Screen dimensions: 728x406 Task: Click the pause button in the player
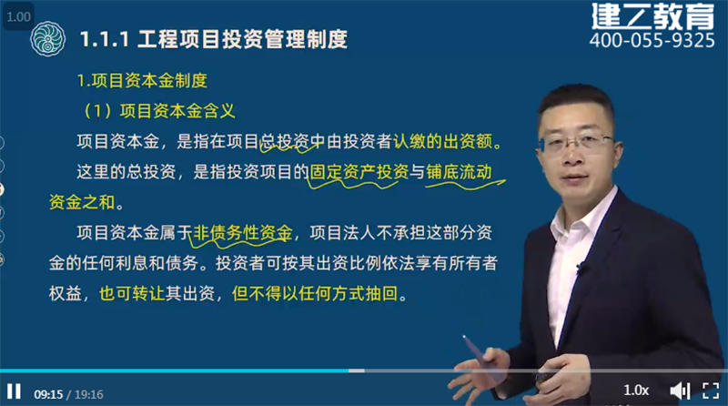pyautogui.click(x=15, y=391)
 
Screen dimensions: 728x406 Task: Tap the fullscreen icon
pyautogui.click(x=711, y=391)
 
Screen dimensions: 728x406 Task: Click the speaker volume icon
pyautogui.click(x=680, y=391)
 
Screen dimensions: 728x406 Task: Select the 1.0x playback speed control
pyautogui.click(x=636, y=391)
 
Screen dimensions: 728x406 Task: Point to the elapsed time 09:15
pyautogui.click(x=48, y=394)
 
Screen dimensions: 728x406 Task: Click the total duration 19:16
pyautogui.click(x=88, y=394)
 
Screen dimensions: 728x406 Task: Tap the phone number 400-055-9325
pyautogui.click(x=652, y=40)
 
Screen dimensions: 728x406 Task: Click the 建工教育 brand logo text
pyautogui.click(x=652, y=15)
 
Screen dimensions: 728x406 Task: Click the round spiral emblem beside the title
pyautogui.click(x=47, y=39)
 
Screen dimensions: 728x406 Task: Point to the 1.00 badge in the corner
pyautogui.click(x=18, y=16)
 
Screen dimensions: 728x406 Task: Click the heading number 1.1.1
pyautogui.click(x=104, y=39)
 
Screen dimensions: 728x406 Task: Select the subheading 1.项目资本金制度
pyautogui.click(x=142, y=81)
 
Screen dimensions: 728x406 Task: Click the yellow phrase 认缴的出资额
pyautogui.click(x=442, y=141)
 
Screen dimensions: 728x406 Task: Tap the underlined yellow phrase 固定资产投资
pyautogui.click(x=359, y=172)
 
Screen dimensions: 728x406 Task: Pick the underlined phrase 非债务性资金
pyautogui.click(x=242, y=232)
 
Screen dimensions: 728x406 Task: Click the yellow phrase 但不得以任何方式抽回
pyautogui.click(x=315, y=293)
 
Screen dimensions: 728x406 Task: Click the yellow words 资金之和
pyautogui.click(x=82, y=202)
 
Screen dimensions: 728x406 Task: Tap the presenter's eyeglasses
pyautogui.click(x=578, y=142)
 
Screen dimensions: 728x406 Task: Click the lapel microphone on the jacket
pyautogui.click(x=580, y=268)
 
